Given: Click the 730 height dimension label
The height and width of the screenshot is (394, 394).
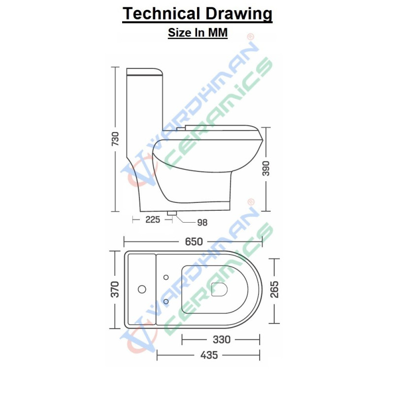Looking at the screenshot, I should pos(115,139).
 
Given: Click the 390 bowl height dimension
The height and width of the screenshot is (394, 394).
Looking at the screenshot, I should pos(266,168).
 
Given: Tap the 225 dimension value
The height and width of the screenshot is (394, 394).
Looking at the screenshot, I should pos(153,220).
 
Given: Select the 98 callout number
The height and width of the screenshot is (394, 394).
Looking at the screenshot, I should pos(202,223).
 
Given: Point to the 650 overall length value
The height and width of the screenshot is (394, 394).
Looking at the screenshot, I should pos(194,241).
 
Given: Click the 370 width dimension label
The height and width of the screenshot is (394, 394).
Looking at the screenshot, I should pos(115,290).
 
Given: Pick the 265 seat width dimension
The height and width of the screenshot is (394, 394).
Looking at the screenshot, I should pos(274,290).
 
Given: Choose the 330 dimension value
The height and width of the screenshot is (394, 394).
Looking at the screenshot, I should pos(222,339).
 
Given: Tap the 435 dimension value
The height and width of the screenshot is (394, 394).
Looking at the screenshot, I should pos(209,355).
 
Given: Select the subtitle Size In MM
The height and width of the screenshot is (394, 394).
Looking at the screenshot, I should pos(197,33).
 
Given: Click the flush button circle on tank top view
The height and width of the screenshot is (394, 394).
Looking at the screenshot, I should pos(143,289).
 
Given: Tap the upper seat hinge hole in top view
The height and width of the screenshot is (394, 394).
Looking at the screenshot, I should pos(165,276).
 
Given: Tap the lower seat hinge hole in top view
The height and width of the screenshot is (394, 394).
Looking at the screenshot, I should pos(165,301).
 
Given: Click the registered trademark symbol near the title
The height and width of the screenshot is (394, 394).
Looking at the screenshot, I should pos(250,37).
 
